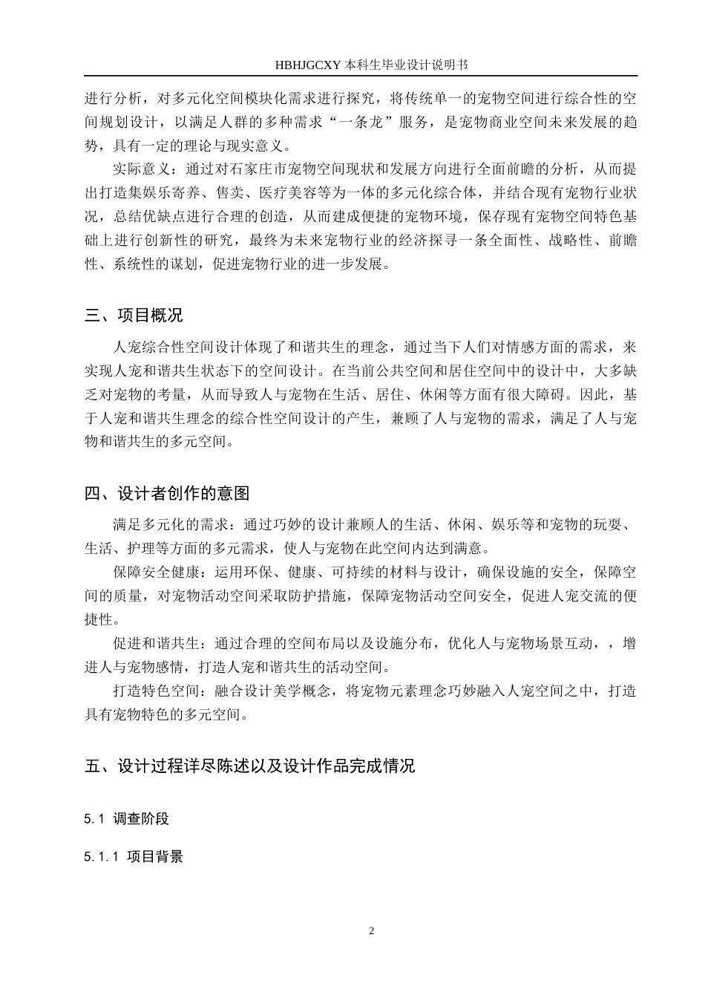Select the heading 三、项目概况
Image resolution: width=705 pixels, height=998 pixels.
pos(134,315)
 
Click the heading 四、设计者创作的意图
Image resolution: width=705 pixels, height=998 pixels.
pos(167,493)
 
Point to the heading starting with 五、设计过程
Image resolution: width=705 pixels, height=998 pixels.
pos(249,766)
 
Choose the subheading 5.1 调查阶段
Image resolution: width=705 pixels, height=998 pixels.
pos(127,819)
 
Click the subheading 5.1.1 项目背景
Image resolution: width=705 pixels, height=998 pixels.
pos(134,857)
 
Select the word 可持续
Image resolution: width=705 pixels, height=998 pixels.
pos(368,573)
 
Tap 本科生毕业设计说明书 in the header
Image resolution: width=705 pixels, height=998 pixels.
pos(407,65)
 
